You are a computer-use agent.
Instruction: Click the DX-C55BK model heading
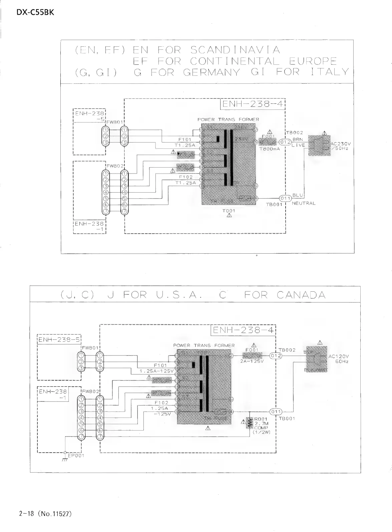pos(35,12)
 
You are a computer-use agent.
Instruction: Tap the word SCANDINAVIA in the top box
pos(235,50)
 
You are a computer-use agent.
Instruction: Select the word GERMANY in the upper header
pos(211,72)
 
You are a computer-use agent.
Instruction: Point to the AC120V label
pos(338,356)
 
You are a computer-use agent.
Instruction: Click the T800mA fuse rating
pos(269,149)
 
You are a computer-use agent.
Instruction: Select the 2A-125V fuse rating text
pos(252,361)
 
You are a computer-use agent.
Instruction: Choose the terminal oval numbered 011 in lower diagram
pos(276,412)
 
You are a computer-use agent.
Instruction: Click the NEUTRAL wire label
pos(303,203)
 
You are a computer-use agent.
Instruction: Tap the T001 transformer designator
pos(229,211)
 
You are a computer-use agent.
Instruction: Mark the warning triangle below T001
pos(229,216)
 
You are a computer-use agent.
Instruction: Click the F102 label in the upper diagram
pos(186,177)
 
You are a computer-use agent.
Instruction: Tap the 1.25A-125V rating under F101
pos(156,371)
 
